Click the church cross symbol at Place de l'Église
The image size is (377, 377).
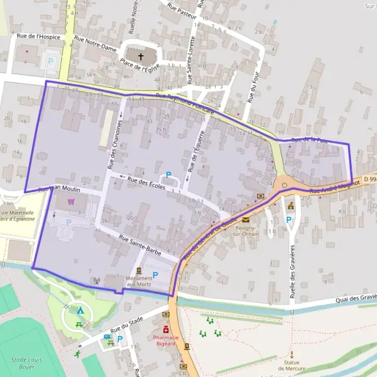[141, 57]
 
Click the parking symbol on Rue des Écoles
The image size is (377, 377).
[168, 175]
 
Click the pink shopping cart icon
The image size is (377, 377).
[71, 202]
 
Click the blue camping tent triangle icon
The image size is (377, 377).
[80, 310]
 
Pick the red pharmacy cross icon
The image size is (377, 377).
[166, 329]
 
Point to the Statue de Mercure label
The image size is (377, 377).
[291, 365]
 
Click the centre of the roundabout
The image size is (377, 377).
[285, 185]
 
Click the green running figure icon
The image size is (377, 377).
[78, 354]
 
